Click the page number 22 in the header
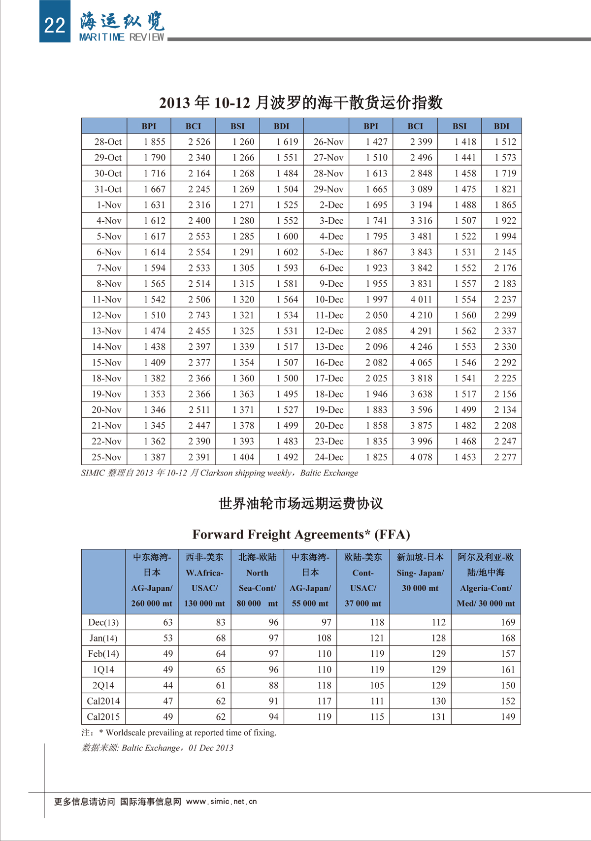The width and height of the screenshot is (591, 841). click(54, 25)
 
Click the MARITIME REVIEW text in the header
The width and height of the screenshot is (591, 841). click(122, 37)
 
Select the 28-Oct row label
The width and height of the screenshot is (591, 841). click(108, 142)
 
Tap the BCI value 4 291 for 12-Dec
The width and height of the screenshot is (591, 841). click(421, 331)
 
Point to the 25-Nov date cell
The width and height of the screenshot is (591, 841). click(107, 457)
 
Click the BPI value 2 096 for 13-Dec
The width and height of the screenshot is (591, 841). click(376, 347)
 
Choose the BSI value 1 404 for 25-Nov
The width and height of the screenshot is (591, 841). click(243, 457)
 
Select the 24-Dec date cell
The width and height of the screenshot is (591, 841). click(329, 457)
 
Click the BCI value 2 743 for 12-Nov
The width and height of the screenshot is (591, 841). click(199, 315)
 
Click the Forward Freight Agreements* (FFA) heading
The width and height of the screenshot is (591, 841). click(301, 535)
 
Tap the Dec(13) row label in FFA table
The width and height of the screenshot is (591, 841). click(103, 622)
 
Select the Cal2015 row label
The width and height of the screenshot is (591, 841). click(103, 717)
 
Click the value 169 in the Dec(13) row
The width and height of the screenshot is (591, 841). click(508, 622)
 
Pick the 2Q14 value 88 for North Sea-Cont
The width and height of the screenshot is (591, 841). click(273, 685)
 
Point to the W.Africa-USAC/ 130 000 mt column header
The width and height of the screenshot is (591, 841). click(204, 580)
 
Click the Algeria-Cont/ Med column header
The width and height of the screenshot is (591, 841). click(486, 580)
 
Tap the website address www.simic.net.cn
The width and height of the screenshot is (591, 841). click(222, 802)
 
